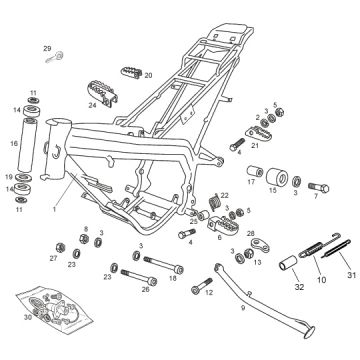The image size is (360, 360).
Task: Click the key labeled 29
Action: tap(55, 57)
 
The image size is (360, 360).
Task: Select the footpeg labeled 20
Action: tap(131, 73)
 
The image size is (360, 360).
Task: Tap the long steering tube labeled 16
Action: tap(27, 142)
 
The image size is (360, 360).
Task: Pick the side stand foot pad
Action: tap(309, 332)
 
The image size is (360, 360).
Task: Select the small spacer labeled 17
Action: tap(255, 171)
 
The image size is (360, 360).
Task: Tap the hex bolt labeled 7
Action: tap(319, 188)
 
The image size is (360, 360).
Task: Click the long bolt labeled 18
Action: tap(163, 264)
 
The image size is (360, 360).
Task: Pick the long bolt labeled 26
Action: tap(139, 277)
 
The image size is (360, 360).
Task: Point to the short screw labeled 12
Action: tap(202, 286)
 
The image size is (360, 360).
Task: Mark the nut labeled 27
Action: tap(60, 247)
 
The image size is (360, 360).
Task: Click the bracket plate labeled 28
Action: tap(261, 244)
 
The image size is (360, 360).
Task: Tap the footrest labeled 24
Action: tap(103, 94)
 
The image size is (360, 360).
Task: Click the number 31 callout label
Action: tap(351, 275)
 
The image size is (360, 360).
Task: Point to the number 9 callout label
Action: tap(243, 308)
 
